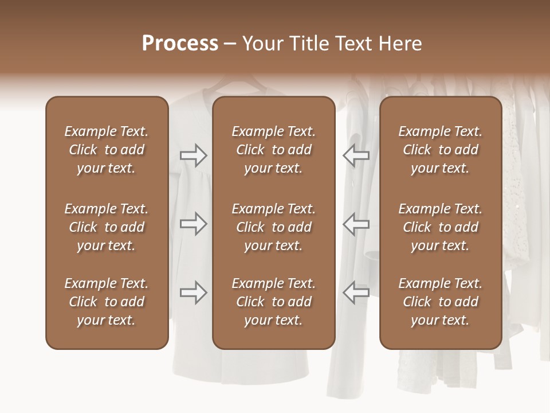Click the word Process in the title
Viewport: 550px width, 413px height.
pos(180,44)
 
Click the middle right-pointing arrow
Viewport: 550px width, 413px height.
pos(194,224)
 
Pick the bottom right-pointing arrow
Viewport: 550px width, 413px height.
pos(194,293)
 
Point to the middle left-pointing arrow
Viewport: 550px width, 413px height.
pos(356,224)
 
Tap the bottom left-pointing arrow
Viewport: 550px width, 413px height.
pos(356,293)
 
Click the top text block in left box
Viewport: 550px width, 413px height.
pos(107,150)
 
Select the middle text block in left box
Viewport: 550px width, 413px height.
pos(107,227)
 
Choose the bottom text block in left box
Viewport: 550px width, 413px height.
pos(107,302)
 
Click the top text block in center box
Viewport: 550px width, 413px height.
pos(274,150)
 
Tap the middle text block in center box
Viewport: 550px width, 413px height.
pos(274,227)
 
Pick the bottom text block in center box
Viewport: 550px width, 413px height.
pos(274,302)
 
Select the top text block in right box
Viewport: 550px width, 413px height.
pos(441,150)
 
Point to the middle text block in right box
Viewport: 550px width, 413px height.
pos(441,227)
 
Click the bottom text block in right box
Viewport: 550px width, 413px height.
pos(441,302)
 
